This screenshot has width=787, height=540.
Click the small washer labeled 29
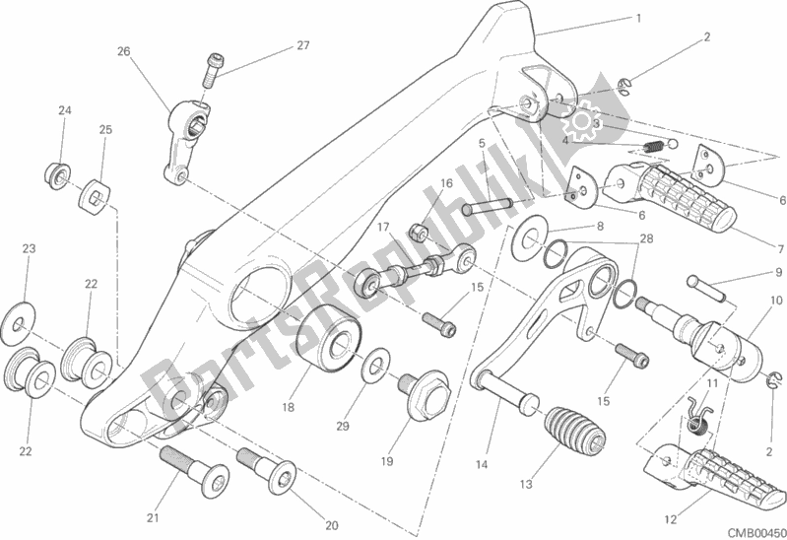point(373,369)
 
